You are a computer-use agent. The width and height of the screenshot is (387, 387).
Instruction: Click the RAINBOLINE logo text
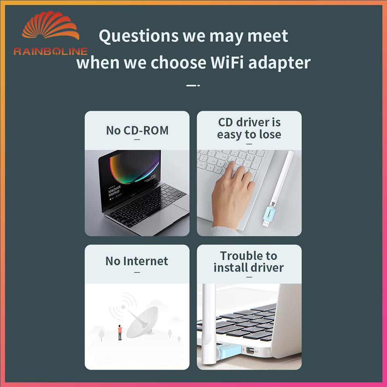pos(50,51)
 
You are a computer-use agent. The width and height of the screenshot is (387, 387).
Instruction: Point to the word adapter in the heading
pos(279,63)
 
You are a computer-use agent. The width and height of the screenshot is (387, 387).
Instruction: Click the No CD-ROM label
pos(137,130)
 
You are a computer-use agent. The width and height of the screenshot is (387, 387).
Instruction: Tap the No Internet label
pos(137,261)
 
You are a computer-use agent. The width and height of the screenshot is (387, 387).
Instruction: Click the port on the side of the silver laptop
pos(250,350)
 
